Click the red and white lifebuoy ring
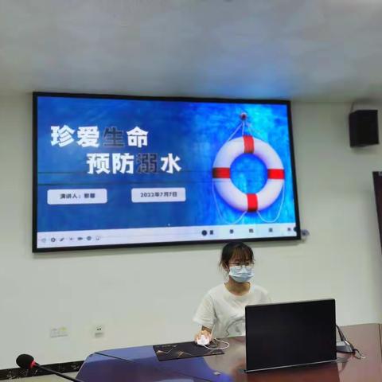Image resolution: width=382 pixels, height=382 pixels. click(248, 173)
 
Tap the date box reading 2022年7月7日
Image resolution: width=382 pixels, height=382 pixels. click(158, 194)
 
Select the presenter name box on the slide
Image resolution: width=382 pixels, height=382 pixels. click(77, 196)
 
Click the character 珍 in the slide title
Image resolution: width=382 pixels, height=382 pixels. click(63, 136)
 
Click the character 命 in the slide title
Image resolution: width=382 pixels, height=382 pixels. click(137, 136)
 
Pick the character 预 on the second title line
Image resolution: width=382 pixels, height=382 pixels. click(98, 163)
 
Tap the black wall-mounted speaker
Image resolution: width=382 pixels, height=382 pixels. click(364, 127)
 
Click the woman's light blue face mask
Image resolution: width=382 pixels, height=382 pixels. click(240, 274)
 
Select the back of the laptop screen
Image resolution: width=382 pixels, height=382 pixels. click(290, 334)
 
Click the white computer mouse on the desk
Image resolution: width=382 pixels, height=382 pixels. click(203, 341)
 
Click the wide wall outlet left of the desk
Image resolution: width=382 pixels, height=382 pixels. click(59, 331)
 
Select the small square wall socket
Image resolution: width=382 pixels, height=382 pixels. click(99, 329)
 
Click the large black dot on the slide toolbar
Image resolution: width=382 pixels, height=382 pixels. click(205, 232)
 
